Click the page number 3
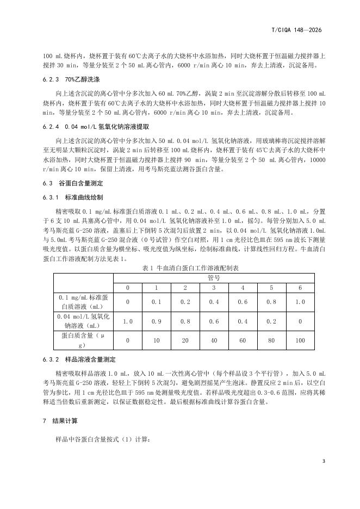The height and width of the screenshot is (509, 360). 324,462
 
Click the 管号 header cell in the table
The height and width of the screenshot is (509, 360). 214,277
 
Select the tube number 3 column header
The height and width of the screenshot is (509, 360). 214,287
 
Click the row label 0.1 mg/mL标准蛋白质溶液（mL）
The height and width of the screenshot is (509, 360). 83,302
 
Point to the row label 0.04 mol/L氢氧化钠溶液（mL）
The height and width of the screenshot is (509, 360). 83,321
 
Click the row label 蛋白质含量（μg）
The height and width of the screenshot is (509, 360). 83,340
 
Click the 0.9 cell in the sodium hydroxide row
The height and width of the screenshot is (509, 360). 157,321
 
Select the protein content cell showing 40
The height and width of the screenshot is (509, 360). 214,340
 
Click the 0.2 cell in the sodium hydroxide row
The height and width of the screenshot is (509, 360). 271,321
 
